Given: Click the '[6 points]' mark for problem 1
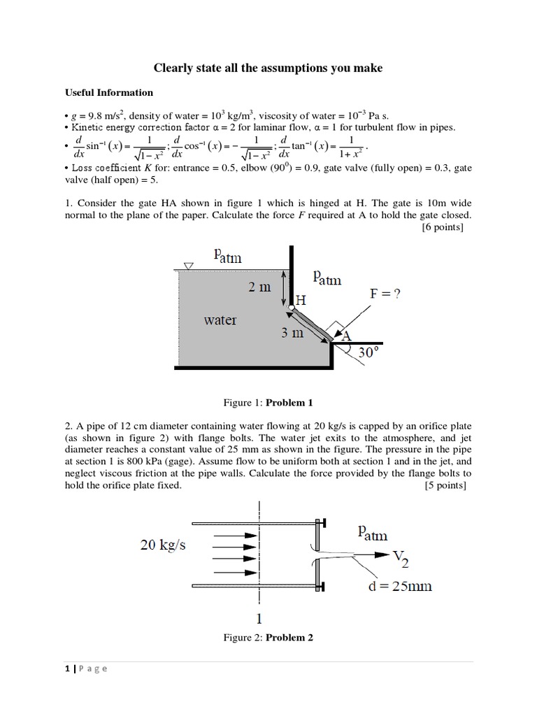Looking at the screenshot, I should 447,227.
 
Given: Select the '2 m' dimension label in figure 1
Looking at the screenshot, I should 259,287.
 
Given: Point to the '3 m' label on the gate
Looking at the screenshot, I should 293,333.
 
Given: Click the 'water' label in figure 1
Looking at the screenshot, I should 220,320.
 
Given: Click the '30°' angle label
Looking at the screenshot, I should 372,352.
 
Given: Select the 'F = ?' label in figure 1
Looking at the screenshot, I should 385,294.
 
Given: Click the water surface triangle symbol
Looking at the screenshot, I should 187,266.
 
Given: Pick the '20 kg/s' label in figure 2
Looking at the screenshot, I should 163,545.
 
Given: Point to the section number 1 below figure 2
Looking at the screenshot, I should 259,617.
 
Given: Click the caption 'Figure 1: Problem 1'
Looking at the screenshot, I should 268,403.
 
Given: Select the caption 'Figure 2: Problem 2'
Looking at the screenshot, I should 268,638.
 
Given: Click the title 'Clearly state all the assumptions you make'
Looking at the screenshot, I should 268,68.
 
